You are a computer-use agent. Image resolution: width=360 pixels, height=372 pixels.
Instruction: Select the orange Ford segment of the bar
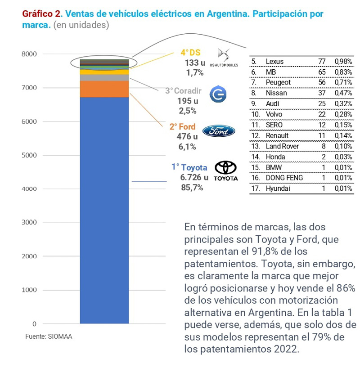point(104,89)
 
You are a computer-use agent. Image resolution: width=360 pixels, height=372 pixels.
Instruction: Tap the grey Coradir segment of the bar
point(104,77)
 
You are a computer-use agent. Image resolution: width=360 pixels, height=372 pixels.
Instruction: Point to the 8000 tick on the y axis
point(29,54)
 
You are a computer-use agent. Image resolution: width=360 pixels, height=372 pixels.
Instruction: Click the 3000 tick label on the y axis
point(29,223)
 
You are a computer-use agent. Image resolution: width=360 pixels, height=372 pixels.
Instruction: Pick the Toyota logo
point(225,171)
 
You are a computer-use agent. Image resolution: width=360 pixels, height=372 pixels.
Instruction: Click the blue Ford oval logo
point(219,131)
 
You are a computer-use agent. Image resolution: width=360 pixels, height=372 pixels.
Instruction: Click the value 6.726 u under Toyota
point(194,177)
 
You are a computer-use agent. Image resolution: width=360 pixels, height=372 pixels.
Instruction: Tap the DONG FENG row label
point(284,178)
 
